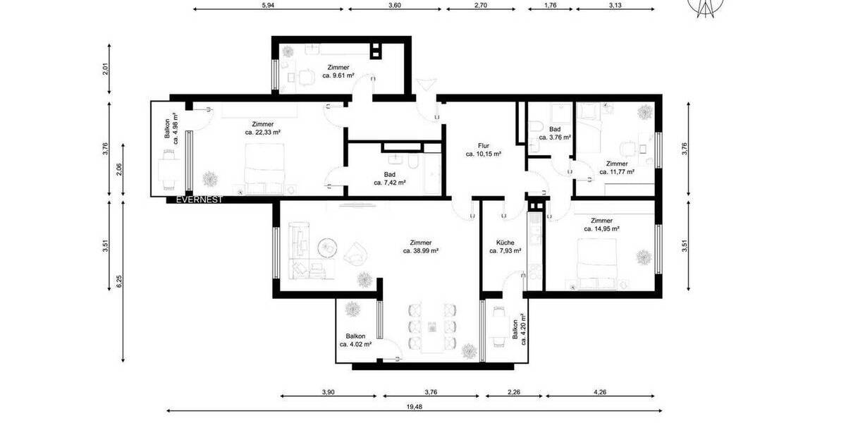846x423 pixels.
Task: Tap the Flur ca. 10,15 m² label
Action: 483,149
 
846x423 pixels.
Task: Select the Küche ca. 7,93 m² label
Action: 505,245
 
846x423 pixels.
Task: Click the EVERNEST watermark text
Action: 199,200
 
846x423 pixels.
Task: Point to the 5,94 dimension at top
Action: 267,5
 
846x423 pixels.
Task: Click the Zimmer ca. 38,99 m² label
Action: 421,245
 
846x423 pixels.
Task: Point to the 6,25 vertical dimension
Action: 119,281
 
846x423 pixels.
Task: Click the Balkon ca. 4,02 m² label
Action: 355,341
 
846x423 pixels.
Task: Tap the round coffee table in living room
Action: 327,248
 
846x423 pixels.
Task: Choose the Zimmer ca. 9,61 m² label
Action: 338,70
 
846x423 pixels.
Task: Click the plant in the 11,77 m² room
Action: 643,111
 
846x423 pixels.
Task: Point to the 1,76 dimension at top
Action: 551,5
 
